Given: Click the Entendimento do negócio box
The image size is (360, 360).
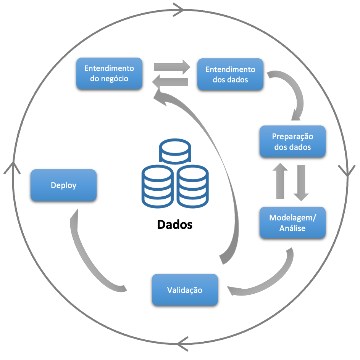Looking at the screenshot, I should coord(109,74).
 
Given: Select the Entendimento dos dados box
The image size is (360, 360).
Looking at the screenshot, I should coord(230,74).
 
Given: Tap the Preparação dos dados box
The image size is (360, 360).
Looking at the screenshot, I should coord(292,141).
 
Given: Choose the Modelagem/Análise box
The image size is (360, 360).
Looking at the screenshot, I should coord(292,223).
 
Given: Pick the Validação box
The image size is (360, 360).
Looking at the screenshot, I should coord(185,290).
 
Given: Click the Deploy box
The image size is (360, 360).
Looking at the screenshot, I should coord(63,185).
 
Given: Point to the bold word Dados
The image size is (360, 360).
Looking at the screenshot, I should coord(175,224).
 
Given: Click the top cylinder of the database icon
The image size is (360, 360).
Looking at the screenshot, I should coord(175,151).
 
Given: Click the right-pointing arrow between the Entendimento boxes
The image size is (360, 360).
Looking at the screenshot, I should coord(172,67).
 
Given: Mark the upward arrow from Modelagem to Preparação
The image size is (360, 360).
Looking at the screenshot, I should coord(281,181).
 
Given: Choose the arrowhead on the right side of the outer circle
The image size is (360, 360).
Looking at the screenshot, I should coord(346,170).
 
